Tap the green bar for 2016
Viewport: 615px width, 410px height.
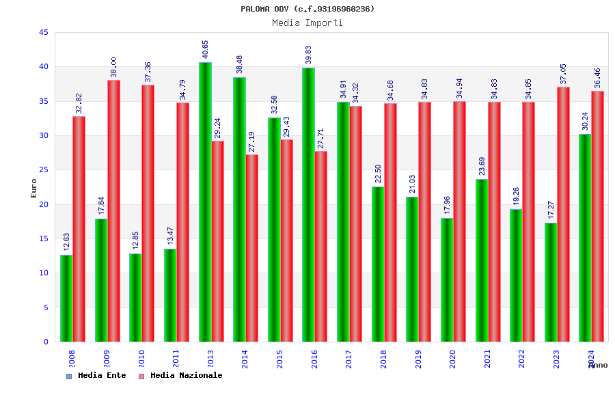tap(308, 204)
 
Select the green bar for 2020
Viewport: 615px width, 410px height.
tap(447, 279)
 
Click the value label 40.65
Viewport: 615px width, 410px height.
tap(205, 49)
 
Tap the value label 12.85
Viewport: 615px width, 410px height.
tap(135, 241)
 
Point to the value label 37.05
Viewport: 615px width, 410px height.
tap(563, 74)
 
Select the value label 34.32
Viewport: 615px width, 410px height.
tap(355, 93)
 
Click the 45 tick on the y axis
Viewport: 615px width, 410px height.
tap(44, 33)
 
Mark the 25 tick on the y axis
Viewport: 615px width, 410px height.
tap(44, 170)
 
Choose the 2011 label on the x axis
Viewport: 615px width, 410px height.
tap(176, 359)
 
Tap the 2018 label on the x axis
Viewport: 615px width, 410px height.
tap(383, 359)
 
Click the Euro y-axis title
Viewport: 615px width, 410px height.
tap(34, 188)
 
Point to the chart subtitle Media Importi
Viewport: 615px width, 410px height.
tap(307, 23)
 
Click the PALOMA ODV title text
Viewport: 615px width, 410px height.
tap(307, 9)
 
